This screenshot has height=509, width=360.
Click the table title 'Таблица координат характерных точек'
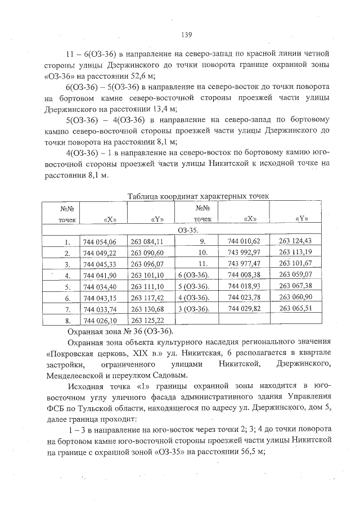click(199, 196)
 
